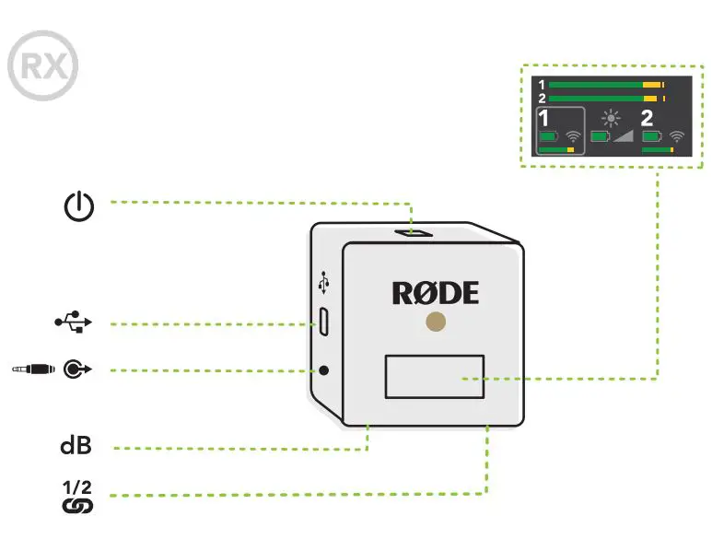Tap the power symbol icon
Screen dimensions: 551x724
click(x=78, y=205)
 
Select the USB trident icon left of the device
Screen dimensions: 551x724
click(x=73, y=322)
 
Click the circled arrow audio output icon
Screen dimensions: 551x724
click(x=77, y=369)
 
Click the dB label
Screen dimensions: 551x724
click(x=76, y=446)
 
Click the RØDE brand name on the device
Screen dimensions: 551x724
click(x=436, y=293)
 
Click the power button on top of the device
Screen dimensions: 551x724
click(x=414, y=233)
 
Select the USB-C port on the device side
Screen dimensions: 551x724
click(x=323, y=322)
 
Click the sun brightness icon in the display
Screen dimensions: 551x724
click(x=612, y=118)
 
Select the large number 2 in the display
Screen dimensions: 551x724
click(x=647, y=118)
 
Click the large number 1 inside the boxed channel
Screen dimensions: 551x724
click(x=544, y=119)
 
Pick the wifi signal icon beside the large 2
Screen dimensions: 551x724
click(x=677, y=136)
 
